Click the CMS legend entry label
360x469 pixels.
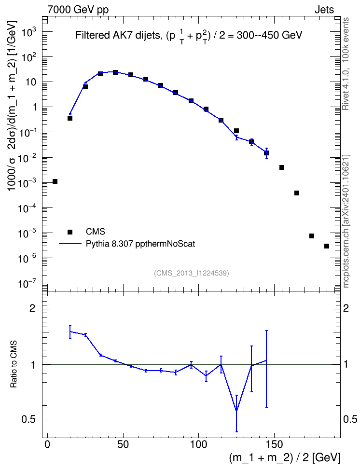pos(95,232)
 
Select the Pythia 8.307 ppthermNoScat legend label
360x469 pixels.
pos(140,244)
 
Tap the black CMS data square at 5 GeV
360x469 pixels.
pos(55,181)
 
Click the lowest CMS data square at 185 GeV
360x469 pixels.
pos(327,246)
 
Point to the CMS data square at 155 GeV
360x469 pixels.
pos(282,167)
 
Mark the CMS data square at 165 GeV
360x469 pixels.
pos(297,193)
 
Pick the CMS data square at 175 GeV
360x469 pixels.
pos(312,236)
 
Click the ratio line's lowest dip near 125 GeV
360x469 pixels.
pos(236,411)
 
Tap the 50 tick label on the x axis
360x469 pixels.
pos(123,444)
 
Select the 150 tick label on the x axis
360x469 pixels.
pos(275,444)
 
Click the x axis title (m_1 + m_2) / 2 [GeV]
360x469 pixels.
pos(285,458)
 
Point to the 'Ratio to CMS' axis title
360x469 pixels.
pos(14,364)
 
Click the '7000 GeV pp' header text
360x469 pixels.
pos(78,10)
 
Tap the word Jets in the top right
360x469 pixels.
pos(324,10)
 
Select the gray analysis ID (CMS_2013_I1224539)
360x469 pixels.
pos(192,273)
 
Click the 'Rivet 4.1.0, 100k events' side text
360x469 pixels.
pos(346,64)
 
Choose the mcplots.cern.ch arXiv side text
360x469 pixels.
pos(346,221)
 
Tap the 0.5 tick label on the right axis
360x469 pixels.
pos(350,420)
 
